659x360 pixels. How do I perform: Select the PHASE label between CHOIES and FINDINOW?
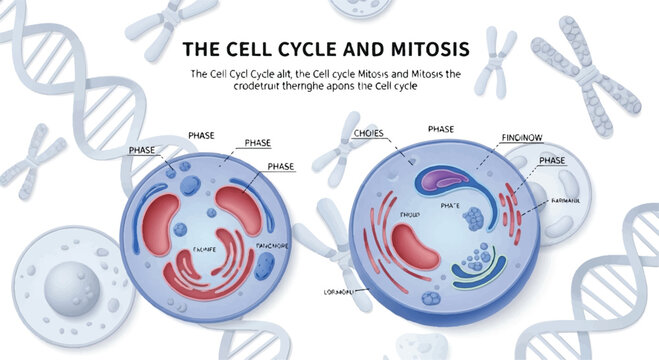point(441,129)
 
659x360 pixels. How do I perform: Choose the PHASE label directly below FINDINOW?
point(552,159)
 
